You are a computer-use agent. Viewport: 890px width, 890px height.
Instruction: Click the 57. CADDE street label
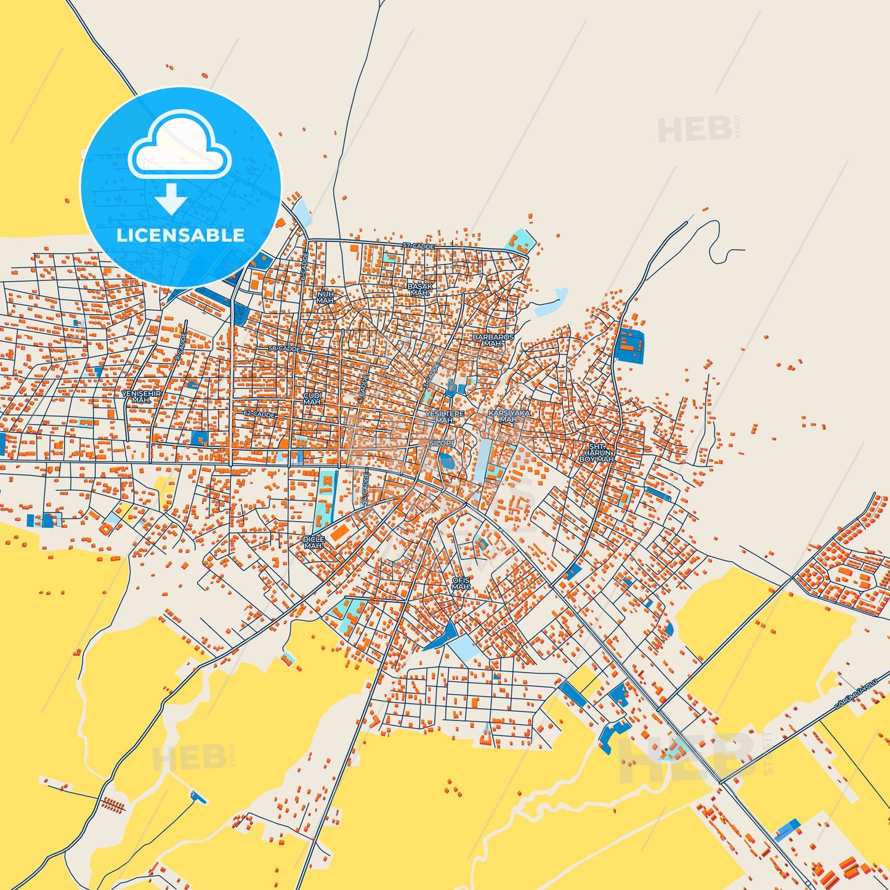click(x=419, y=246)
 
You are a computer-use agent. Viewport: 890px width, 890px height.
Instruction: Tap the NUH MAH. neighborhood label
click(x=325, y=297)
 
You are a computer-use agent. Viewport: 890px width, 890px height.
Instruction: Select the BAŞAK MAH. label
click(x=420, y=289)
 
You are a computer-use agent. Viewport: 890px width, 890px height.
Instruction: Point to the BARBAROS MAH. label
click(x=493, y=341)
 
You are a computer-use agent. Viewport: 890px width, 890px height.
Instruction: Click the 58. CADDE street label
click(x=285, y=349)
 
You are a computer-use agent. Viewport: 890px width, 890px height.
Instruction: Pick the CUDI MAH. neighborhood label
click(x=312, y=398)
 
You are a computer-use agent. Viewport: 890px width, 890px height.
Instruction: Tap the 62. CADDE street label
click(x=259, y=415)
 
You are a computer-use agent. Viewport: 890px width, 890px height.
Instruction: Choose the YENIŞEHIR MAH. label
click(x=141, y=397)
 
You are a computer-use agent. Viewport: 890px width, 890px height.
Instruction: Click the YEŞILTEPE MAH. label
click(x=445, y=417)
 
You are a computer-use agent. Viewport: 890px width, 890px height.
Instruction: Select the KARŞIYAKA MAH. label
click(x=509, y=416)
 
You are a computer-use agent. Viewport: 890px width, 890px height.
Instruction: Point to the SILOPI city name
click(x=441, y=443)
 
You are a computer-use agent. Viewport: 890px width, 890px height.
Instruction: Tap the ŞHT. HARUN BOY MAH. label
click(x=596, y=453)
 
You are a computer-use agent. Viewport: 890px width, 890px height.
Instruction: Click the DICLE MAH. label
click(x=314, y=543)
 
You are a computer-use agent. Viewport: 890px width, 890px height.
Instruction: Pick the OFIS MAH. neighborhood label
click(x=461, y=583)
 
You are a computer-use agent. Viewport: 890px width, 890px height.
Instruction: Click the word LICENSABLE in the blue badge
click(x=180, y=235)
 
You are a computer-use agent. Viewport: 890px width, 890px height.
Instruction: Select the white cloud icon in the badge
click(x=179, y=147)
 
